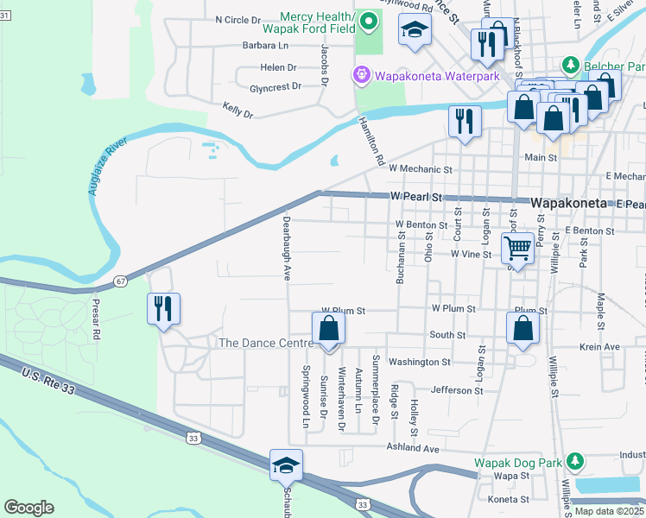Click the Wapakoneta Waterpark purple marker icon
(x=360, y=76)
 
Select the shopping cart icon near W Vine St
(x=517, y=249)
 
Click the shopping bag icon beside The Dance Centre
(x=328, y=329)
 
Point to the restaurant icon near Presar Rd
(x=163, y=308)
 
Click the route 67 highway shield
(x=120, y=281)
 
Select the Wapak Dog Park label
(x=517, y=462)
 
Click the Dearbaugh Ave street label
(x=286, y=248)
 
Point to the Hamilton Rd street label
(x=370, y=142)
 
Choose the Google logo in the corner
(x=28, y=508)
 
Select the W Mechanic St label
(x=421, y=169)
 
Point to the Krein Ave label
(x=600, y=346)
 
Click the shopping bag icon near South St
(x=522, y=329)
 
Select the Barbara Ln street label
(x=265, y=45)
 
